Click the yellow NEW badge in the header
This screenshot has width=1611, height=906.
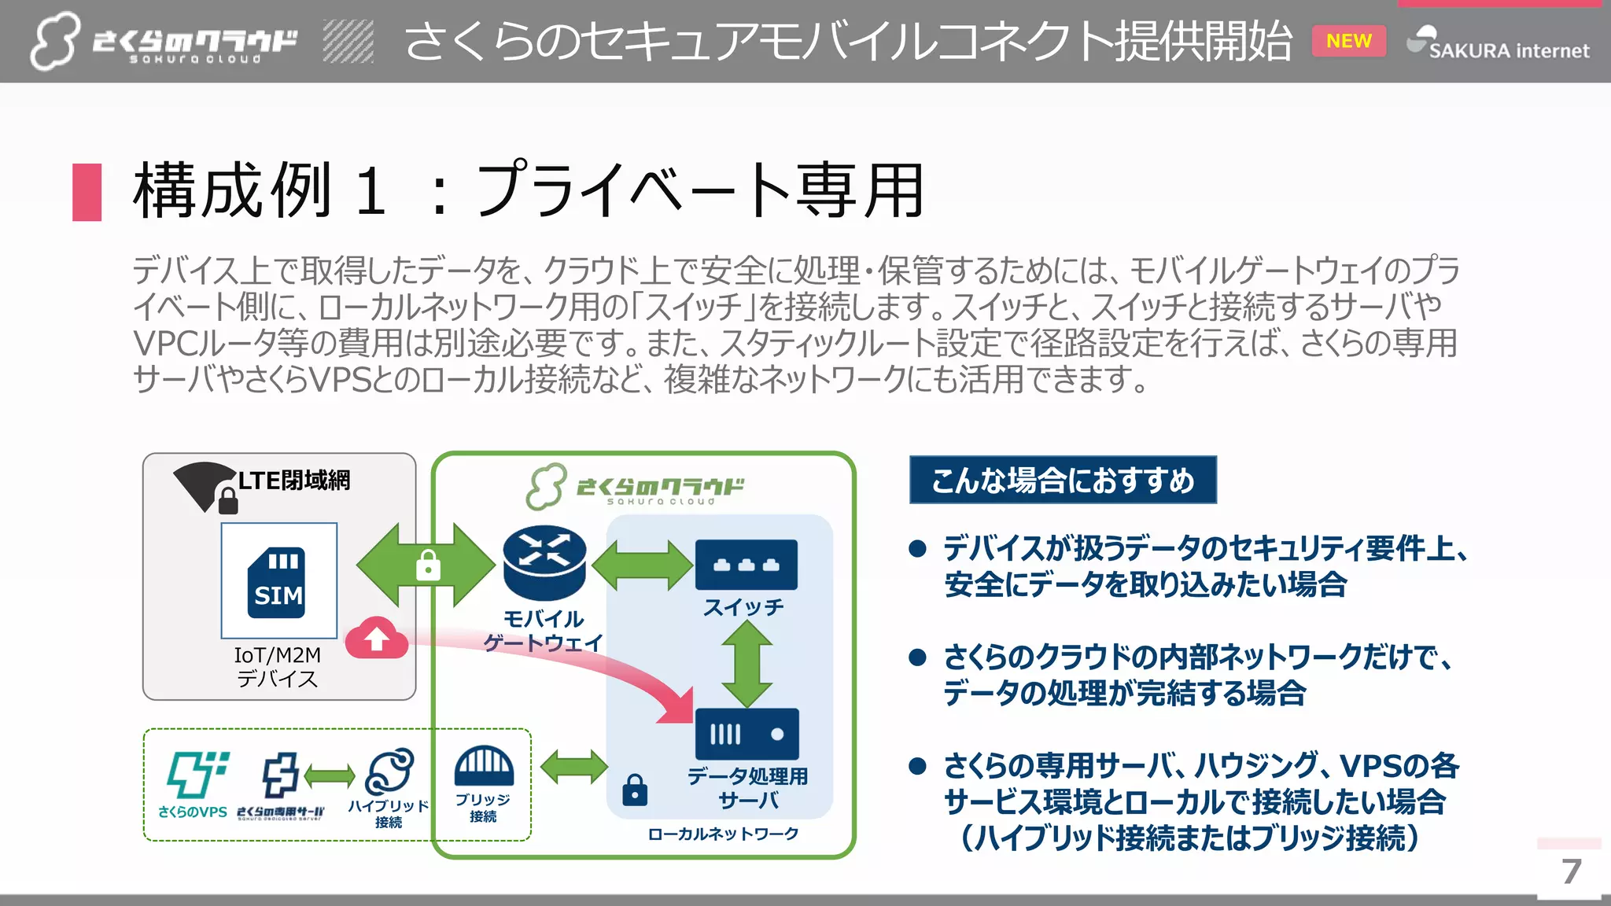click(x=1348, y=41)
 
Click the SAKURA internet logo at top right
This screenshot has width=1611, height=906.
click(x=1499, y=44)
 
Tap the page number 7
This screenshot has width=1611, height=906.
click(x=1571, y=871)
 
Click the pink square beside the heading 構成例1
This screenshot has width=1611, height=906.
click(x=87, y=192)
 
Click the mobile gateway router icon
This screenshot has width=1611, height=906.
click(x=544, y=562)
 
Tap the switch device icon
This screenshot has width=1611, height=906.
click(x=746, y=565)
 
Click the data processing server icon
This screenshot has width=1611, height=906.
click(x=747, y=735)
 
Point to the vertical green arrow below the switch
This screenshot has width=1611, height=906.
click(x=747, y=665)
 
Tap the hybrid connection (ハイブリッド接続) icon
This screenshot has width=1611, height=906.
click(x=389, y=771)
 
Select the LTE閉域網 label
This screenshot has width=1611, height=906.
click(x=293, y=480)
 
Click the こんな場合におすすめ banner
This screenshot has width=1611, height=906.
click(x=1062, y=480)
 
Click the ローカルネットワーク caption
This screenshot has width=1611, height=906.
click(x=722, y=834)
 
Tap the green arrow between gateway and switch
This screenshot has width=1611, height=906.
click(x=643, y=565)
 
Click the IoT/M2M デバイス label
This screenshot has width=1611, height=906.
click(x=277, y=666)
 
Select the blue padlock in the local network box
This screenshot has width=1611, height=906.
click(x=635, y=790)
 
